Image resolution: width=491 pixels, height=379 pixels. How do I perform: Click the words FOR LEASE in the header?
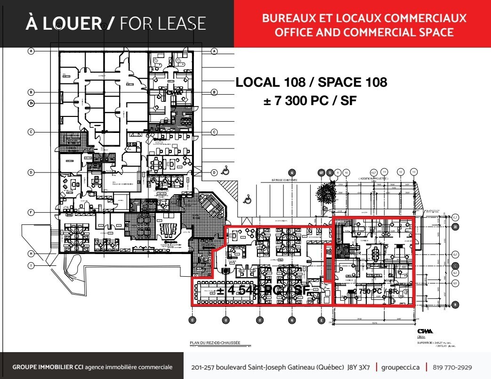[163, 24]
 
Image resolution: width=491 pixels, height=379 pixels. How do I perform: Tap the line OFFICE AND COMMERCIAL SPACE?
[364, 33]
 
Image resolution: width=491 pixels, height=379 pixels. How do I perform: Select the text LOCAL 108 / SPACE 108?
[311, 82]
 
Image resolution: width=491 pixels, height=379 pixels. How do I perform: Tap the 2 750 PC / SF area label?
[372, 292]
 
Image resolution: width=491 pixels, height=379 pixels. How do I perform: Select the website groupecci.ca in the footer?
[401, 367]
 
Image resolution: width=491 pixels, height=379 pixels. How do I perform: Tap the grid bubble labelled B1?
[31, 103]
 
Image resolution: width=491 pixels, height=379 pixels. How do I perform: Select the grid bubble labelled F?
[31, 213]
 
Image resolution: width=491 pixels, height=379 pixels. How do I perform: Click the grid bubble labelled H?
[31, 254]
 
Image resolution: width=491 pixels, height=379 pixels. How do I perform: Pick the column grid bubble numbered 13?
[414, 172]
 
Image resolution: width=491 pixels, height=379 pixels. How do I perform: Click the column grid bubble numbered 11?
[385, 172]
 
